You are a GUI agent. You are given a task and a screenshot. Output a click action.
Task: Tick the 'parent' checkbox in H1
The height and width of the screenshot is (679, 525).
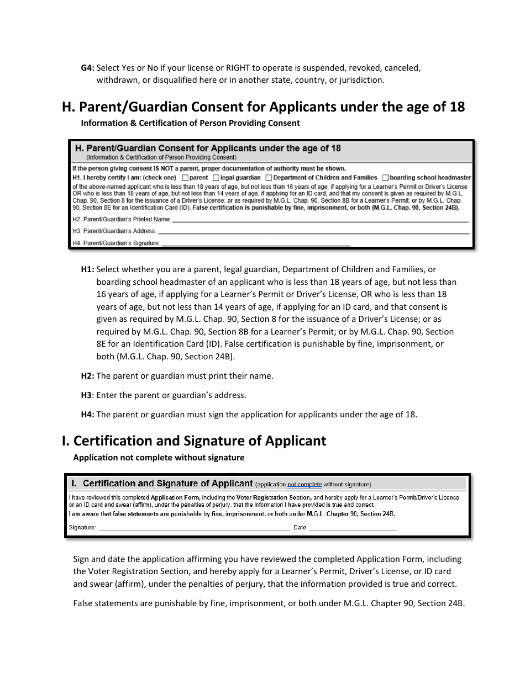185,178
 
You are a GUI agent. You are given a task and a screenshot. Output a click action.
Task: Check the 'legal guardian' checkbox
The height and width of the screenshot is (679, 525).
216,178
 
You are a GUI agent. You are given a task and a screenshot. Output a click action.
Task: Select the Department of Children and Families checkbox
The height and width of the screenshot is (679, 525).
269,178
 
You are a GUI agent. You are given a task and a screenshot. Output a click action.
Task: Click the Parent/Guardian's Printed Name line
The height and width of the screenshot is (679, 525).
321,220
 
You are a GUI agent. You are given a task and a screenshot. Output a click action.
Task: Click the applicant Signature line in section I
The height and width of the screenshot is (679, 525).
194,528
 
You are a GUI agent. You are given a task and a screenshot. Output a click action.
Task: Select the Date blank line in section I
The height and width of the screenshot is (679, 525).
353,528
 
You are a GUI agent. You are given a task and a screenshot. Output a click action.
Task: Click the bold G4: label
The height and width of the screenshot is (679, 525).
88,68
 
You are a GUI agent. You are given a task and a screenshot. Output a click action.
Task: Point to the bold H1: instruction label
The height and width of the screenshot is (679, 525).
88,269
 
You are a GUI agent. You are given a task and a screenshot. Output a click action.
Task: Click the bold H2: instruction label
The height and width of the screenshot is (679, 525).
88,376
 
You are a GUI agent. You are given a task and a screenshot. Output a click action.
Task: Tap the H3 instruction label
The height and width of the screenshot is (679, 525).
87,395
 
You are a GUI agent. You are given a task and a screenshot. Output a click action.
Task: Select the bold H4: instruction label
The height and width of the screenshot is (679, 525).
88,415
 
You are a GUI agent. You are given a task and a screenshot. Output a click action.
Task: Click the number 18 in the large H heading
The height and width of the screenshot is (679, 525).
457,107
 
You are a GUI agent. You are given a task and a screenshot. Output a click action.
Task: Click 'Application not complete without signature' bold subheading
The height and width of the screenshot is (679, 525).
159,457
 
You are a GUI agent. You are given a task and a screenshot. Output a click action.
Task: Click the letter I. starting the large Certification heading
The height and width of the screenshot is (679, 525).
66,441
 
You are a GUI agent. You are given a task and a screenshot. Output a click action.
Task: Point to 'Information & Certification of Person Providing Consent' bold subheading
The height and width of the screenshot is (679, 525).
190,123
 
